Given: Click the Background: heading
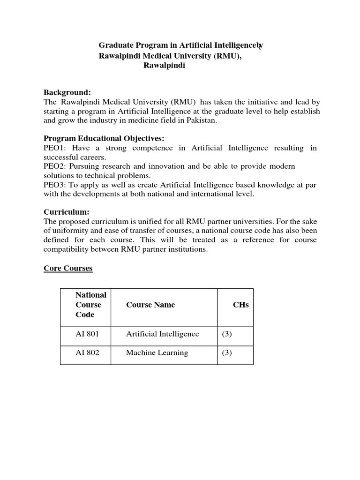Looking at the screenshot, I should click(x=67, y=92).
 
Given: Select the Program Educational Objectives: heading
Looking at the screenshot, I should click(x=104, y=138).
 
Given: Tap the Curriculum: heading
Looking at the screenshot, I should click(x=66, y=211).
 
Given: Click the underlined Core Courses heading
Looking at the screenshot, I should click(x=68, y=268).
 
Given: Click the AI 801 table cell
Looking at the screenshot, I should click(x=87, y=334).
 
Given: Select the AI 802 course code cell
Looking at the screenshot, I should click(x=87, y=352).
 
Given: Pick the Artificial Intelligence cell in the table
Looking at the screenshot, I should click(x=163, y=334).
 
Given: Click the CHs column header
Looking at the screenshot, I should click(x=241, y=305).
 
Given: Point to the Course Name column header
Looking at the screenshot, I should click(x=150, y=305).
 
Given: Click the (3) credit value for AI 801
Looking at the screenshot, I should click(x=227, y=334).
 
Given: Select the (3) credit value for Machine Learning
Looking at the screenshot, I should click(x=227, y=352).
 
